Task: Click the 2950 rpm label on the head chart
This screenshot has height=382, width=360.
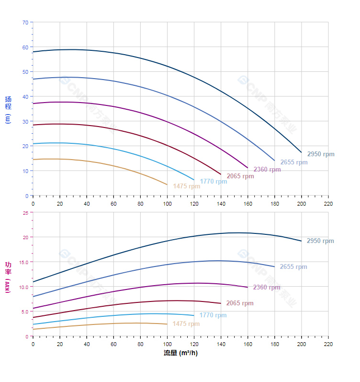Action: tap(321, 154)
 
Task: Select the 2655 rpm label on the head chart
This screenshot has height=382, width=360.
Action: tap(294, 162)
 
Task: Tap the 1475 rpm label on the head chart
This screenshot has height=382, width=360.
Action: tap(187, 186)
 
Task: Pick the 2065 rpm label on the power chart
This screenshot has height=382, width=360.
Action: tap(240, 303)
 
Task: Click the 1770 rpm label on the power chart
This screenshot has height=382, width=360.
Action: tap(213, 315)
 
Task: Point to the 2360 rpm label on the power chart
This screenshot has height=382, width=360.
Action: tap(267, 288)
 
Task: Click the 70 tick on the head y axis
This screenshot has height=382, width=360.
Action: tap(25, 22)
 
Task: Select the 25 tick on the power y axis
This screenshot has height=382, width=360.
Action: tap(25, 212)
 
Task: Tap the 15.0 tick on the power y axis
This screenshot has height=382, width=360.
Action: tap(23, 262)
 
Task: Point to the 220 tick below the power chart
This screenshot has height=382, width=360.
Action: tap(328, 344)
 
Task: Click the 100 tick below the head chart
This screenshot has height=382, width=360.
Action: tap(167, 204)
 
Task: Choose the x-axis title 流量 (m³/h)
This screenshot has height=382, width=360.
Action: tap(180, 353)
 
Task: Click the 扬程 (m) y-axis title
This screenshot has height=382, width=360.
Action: tap(8, 109)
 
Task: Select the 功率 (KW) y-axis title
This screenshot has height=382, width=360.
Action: tap(8, 278)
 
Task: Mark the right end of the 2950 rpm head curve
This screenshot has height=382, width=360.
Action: tap(302, 152)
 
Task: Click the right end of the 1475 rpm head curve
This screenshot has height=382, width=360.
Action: tap(167, 185)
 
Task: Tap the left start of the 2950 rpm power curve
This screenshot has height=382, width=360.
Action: tap(33, 282)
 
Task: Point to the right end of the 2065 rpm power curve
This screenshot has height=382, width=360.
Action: tap(221, 303)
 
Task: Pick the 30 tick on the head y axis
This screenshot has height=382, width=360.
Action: tap(25, 121)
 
